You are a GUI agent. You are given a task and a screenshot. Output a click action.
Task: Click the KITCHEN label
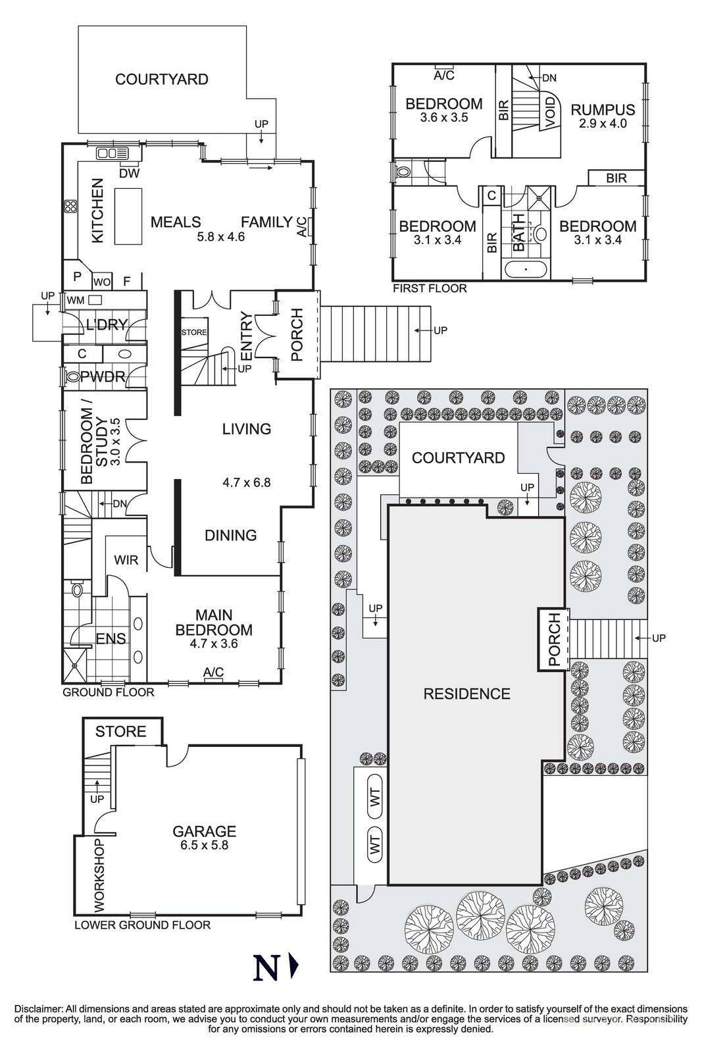[97, 211]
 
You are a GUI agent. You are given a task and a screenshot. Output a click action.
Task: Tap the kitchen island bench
[130, 215]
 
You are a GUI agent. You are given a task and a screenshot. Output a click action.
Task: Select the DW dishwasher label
[129, 174]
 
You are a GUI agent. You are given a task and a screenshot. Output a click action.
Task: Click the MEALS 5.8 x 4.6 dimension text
[220, 237]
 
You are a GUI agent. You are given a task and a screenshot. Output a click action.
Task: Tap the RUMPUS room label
[602, 110]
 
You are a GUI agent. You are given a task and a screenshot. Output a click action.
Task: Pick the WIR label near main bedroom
[126, 560]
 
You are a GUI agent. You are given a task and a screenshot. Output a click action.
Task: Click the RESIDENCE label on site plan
[466, 694]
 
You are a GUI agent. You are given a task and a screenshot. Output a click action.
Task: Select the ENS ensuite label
[111, 638]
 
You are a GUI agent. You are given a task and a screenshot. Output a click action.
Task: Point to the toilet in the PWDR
[72, 377]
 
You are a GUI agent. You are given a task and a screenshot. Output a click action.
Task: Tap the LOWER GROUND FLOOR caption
[142, 925]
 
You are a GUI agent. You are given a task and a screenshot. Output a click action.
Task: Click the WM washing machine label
[76, 300]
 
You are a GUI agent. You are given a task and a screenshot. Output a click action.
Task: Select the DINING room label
[230, 535]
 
